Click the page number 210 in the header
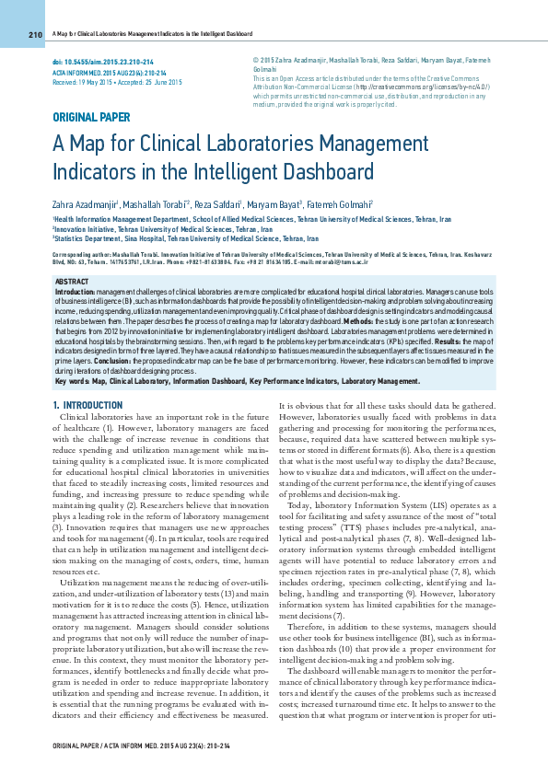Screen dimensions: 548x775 36,35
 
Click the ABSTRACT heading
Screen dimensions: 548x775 73,279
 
